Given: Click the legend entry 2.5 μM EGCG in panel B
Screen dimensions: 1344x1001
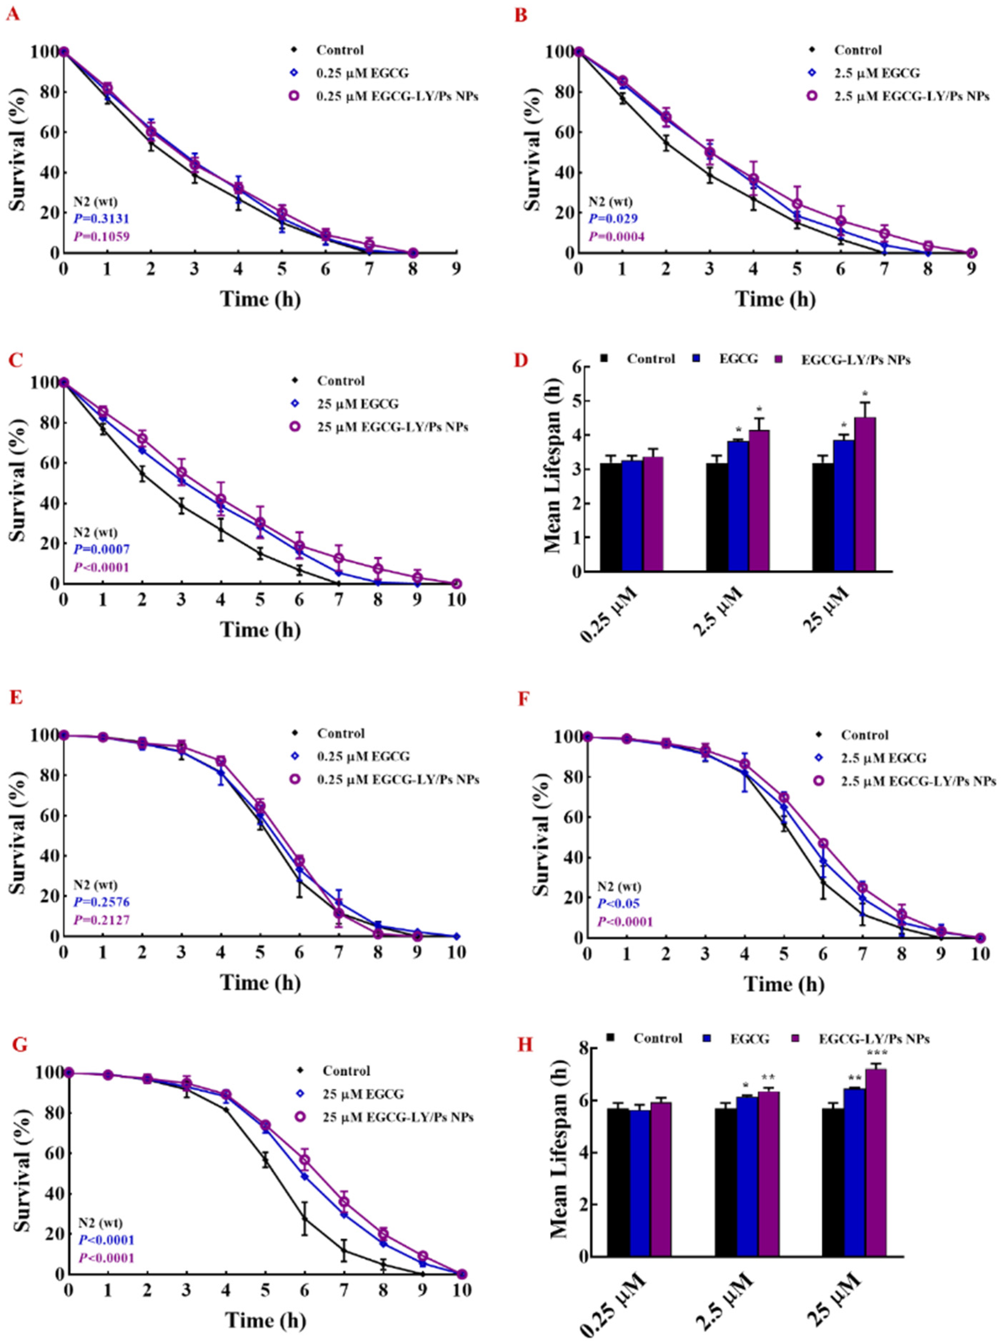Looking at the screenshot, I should click(876, 73).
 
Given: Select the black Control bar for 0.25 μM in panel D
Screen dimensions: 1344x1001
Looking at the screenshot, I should click(611, 517).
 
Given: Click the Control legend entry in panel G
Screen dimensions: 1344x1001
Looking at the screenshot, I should click(346, 1071).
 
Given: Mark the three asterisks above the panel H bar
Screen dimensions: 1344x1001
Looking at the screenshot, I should click(876, 1054).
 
